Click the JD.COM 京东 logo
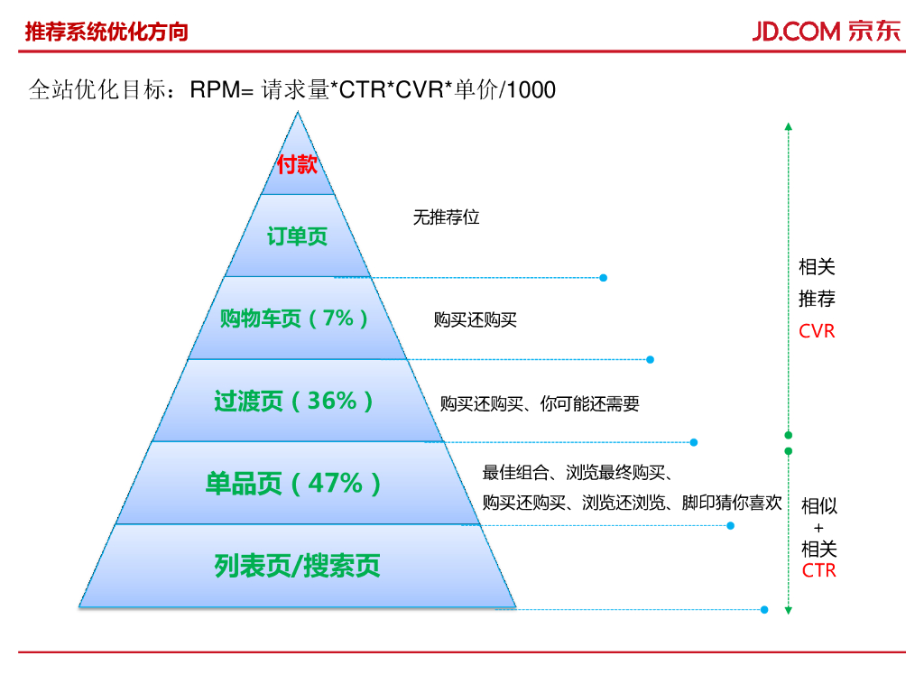pos(826,31)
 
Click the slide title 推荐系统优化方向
pos(106,32)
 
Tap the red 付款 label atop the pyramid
pos(297,165)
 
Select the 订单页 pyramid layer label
pos(297,237)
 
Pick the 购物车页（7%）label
pos(296,319)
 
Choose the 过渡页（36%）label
pos(295,401)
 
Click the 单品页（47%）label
pos(295,484)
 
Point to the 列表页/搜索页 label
pos(297,566)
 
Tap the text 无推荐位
pos(446,217)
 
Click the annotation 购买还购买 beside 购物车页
pos(475,320)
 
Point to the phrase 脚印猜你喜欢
pos(732,503)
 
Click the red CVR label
pos(817,331)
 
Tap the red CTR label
pos(818,570)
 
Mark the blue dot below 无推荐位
pos(603,277)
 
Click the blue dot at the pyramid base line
pos(764,610)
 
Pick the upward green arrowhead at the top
pos(788,126)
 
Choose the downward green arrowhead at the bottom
pos(788,611)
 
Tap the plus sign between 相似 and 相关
pos(818,528)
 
